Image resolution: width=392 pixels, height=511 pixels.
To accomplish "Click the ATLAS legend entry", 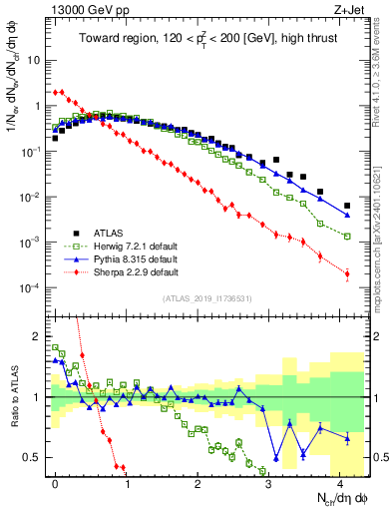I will pos(110,232).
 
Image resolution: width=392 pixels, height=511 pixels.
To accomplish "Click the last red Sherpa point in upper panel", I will pos(347,273).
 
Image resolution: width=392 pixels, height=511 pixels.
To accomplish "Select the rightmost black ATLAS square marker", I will pos(347,206).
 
